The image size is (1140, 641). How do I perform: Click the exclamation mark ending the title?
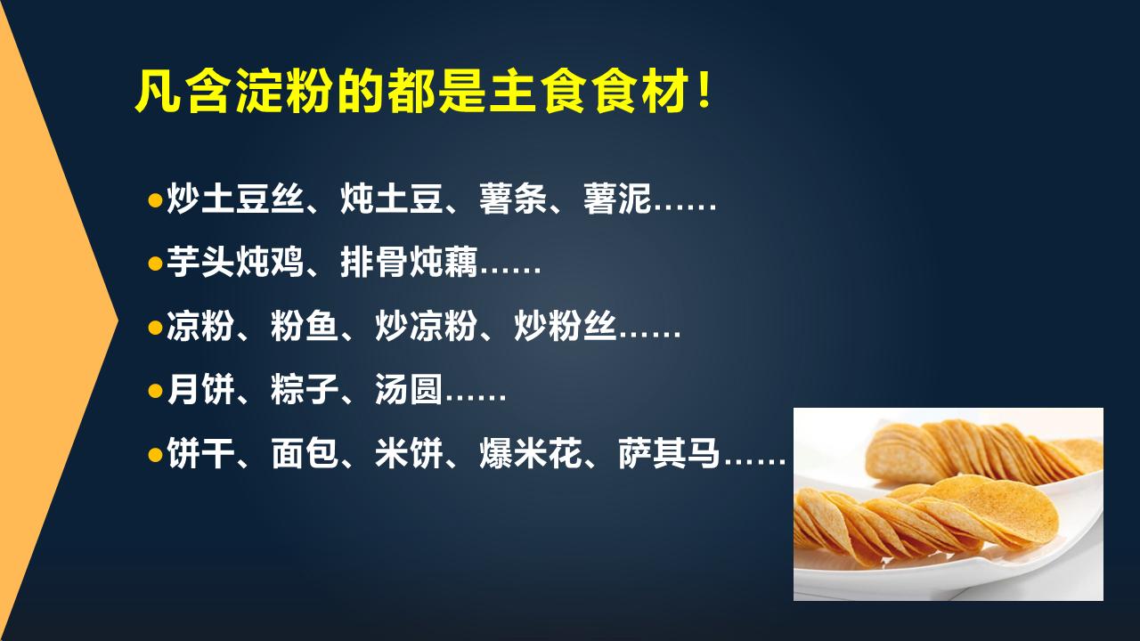click(704, 93)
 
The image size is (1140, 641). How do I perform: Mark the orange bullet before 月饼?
click(155, 392)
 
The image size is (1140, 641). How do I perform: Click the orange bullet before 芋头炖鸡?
click(155, 264)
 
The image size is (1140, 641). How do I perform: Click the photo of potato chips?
click(948, 504)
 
